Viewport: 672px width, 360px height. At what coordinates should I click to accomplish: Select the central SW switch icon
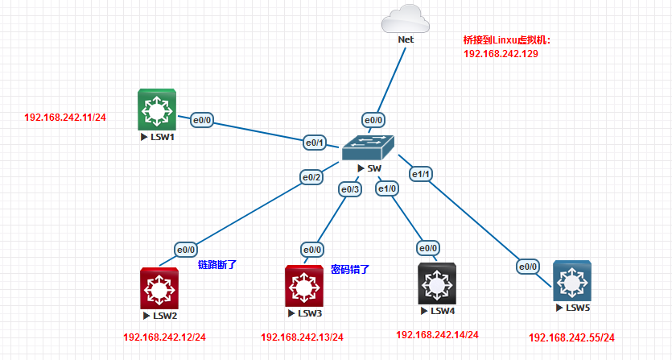pos(369,147)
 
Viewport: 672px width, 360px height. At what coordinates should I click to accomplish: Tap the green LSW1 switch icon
pos(157,110)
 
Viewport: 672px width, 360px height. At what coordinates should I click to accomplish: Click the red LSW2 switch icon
pos(160,288)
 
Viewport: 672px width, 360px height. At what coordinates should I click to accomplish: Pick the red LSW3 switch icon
pos(303,286)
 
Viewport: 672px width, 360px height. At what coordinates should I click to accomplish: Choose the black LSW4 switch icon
pos(438,283)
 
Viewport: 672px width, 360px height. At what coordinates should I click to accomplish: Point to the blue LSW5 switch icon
pos(572,282)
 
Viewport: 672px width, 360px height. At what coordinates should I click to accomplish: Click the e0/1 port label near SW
pos(314,143)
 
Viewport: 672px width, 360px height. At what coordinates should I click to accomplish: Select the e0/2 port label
pos(311,177)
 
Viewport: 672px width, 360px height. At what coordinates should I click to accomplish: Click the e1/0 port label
pos(388,189)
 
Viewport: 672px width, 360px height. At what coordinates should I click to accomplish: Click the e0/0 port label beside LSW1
pos(201,121)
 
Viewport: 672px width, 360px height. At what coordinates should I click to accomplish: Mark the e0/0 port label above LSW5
pos(528,267)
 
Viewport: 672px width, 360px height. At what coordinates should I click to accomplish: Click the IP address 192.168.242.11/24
pos(65,118)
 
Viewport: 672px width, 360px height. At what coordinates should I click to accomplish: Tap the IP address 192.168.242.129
pos(501,54)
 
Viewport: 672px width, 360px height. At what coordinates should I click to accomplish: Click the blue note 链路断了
pos(217,264)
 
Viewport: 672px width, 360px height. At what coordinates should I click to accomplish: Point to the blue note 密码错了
pos(350,269)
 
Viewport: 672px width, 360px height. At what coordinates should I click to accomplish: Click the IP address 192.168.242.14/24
pos(437,334)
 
